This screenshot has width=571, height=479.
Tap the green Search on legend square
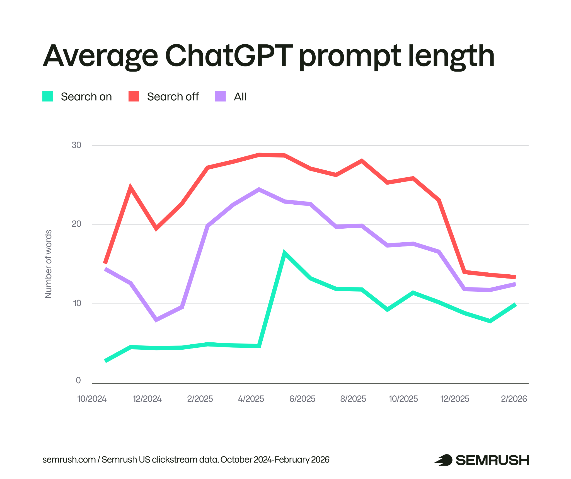48,96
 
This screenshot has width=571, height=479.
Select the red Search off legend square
134,96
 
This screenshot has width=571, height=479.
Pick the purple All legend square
220,96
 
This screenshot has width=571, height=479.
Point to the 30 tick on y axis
76,145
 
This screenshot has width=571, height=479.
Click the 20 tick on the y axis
76,224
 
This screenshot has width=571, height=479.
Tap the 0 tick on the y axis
78,380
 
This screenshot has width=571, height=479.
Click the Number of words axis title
48,264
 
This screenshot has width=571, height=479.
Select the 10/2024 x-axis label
92,399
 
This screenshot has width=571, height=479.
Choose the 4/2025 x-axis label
251,399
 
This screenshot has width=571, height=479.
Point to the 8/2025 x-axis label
353,399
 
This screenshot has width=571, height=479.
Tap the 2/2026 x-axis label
514,399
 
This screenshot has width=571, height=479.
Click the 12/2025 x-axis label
455,399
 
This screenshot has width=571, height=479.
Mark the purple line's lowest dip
156,320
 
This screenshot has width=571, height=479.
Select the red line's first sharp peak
130,187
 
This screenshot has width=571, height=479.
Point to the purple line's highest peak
259,190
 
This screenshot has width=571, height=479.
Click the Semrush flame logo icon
443,460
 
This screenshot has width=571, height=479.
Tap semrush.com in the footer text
69,459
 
